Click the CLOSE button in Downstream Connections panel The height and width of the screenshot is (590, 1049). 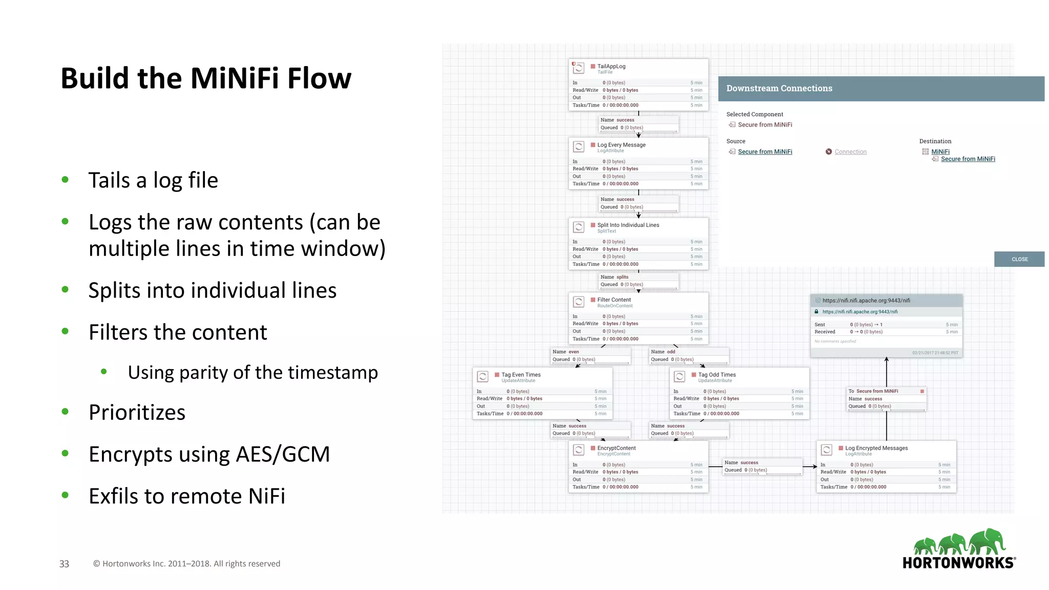[1019, 259]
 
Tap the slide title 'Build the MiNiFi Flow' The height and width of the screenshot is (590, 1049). [206, 78]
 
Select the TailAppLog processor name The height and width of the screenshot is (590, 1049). [611, 66]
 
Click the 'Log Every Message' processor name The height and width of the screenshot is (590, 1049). [621, 145]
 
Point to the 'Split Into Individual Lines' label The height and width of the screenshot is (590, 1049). [628, 225]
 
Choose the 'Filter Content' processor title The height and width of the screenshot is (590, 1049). [614, 300]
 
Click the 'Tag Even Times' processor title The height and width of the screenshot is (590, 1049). [521, 374]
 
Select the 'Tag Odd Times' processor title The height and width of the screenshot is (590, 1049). [717, 374]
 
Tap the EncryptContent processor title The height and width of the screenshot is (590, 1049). [616, 448]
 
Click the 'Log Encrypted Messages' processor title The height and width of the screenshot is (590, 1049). [876, 448]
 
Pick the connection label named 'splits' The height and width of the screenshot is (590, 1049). [622, 277]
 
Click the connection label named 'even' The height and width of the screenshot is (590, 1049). [573, 352]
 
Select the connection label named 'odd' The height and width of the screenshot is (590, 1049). [670, 352]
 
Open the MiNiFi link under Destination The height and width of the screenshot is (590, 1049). [940, 152]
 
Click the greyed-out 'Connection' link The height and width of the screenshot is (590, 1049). [850, 152]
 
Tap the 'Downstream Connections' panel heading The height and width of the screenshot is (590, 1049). [779, 89]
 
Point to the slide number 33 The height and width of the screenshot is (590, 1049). [64, 564]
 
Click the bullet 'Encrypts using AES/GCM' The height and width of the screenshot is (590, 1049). [209, 454]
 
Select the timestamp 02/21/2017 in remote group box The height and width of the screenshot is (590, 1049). [935, 353]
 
